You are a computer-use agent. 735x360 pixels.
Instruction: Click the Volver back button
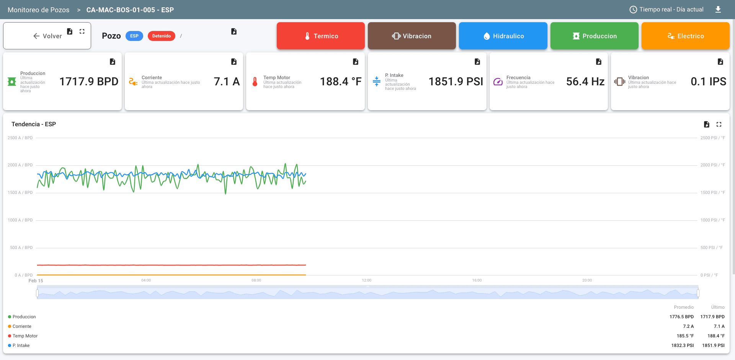click(x=47, y=36)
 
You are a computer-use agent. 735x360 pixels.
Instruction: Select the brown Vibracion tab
click(x=412, y=36)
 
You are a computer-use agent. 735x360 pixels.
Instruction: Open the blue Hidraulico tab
click(x=503, y=36)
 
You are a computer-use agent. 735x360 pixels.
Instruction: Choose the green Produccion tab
click(x=594, y=36)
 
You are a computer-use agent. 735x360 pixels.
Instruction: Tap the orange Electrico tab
click(x=685, y=36)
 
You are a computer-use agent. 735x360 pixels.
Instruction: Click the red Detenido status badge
click(x=161, y=36)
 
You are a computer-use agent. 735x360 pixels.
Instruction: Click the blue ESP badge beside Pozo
click(x=134, y=36)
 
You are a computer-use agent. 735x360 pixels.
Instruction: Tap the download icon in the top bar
click(x=718, y=10)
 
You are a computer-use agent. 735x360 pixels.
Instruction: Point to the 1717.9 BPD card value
click(x=89, y=81)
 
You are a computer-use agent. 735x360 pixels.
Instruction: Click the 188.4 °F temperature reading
click(x=340, y=81)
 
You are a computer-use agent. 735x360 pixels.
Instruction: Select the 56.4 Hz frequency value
click(x=585, y=81)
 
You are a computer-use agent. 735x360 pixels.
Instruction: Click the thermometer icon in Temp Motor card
click(x=255, y=82)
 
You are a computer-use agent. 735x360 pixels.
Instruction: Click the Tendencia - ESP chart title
click(x=34, y=124)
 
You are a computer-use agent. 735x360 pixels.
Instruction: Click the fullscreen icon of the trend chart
click(x=719, y=124)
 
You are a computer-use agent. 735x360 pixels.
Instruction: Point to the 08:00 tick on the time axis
click(x=256, y=280)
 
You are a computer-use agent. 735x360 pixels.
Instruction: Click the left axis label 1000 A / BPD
click(x=20, y=220)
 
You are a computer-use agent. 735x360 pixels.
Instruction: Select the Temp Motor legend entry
click(x=25, y=336)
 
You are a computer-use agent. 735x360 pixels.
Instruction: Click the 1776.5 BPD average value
click(x=681, y=317)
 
